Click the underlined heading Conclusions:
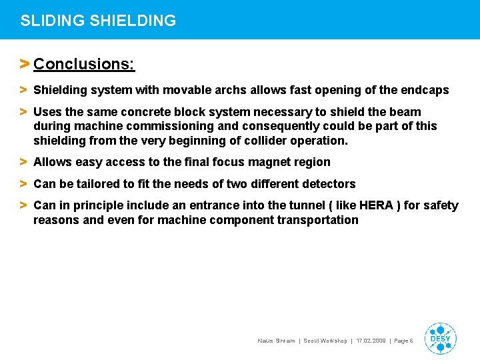click(x=84, y=64)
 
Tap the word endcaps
click(x=425, y=90)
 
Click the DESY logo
click(x=440, y=338)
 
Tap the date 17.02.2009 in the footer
click(x=371, y=341)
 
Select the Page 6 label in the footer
click(x=404, y=341)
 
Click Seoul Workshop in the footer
click(x=325, y=341)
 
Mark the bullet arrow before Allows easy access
click(x=23, y=162)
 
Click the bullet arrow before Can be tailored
click(x=23, y=184)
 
